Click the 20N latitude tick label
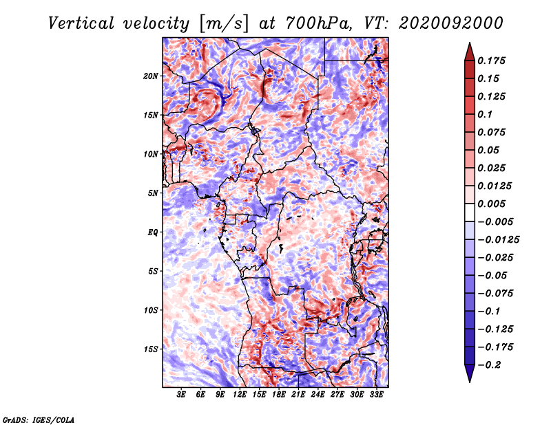(x=151, y=76)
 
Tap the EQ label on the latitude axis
(x=152, y=232)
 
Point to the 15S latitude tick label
(x=151, y=349)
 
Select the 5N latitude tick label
(x=153, y=193)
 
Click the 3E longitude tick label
(x=181, y=394)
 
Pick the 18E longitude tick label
(x=279, y=394)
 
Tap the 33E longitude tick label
(x=376, y=394)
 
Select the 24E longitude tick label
(x=318, y=394)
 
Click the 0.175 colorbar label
(x=491, y=61)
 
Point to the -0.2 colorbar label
(x=489, y=365)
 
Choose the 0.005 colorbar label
(x=491, y=204)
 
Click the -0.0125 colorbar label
(x=498, y=240)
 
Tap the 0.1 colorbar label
(x=485, y=114)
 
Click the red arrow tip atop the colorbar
(x=470, y=43)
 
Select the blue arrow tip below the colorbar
(x=470, y=382)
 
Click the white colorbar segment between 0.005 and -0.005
(x=470, y=212)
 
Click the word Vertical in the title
(x=81, y=23)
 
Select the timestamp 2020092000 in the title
(x=451, y=23)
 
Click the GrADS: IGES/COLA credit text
(x=39, y=419)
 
